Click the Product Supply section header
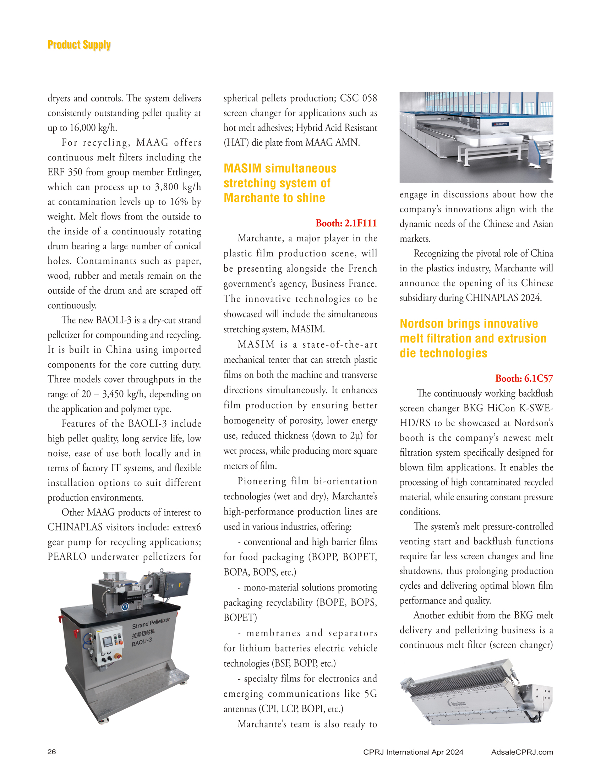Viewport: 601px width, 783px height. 79,45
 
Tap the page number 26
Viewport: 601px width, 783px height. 51,751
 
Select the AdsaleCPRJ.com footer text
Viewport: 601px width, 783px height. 522,752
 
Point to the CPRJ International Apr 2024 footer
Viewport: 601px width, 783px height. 413,752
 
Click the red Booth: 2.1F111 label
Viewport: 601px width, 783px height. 346,223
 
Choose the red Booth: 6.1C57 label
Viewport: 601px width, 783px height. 524,378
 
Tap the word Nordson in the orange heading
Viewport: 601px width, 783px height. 421,323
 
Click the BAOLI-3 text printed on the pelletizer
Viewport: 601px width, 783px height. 142,642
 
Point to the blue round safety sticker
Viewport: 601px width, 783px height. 125,606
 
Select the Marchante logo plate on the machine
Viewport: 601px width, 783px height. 501,124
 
